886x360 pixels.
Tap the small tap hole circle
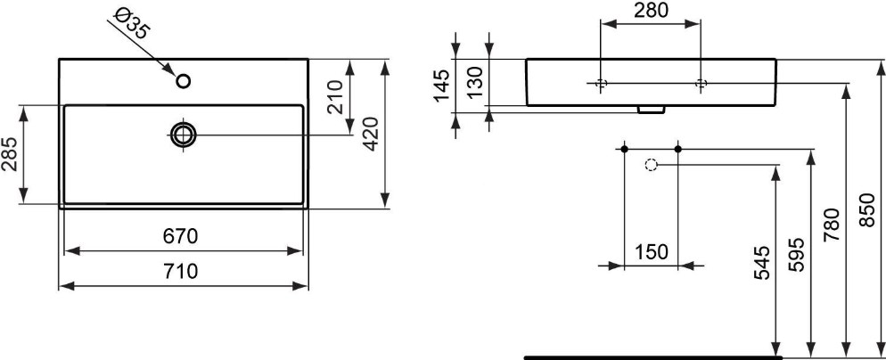click(183, 81)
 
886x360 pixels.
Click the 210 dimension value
click(335, 96)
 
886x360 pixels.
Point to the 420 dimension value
click(370, 134)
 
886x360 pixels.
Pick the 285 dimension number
click(10, 154)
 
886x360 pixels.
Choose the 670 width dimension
click(180, 236)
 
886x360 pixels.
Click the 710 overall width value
click(180, 272)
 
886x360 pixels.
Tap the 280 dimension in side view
click(651, 10)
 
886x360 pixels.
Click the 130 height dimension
click(476, 82)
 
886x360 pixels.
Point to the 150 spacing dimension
click(651, 251)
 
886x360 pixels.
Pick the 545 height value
click(762, 264)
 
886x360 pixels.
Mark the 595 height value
click(796, 255)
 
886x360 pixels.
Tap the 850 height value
click(866, 210)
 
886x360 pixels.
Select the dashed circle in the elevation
click(651, 165)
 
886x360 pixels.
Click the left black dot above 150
click(624, 149)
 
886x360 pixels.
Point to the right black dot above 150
click(678, 149)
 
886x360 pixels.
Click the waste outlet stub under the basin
click(650, 110)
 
